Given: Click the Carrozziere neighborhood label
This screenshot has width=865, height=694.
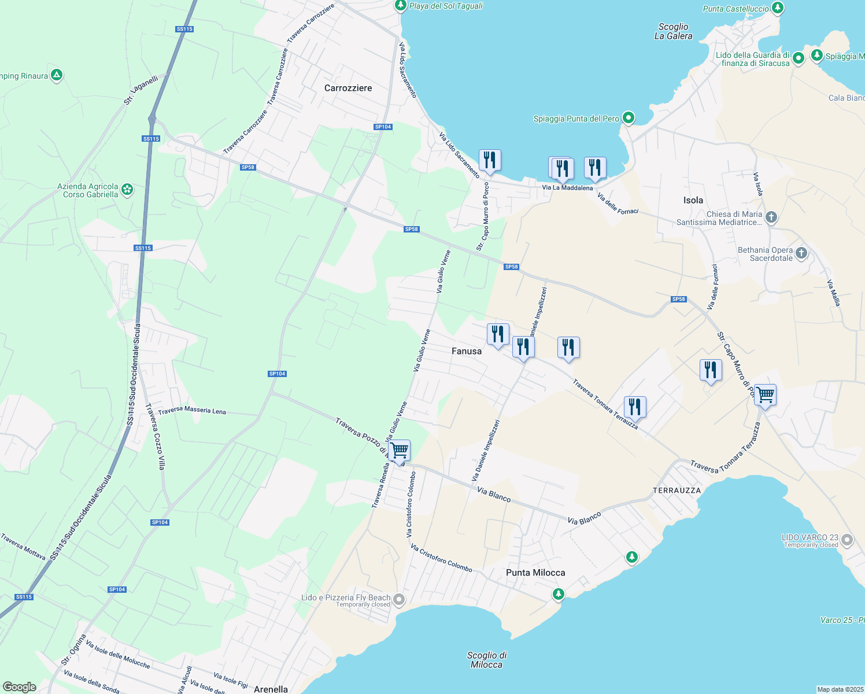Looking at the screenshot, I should pyautogui.click(x=348, y=88).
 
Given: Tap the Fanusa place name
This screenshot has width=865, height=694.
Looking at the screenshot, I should pyautogui.click(x=466, y=351).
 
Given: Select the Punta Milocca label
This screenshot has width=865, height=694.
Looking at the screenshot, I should pyautogui.click(x=535, y=573).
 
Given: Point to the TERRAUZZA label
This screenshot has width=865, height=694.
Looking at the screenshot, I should pyautogui.click(x=677, y=490).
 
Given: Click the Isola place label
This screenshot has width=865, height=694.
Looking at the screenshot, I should pyautogui.click(x=693, y=200).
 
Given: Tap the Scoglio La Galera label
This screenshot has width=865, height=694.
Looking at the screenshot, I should pyautogui.click(x=673, y=31).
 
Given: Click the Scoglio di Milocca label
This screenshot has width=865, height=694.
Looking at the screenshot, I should pyautogui.click(x=487, y=660).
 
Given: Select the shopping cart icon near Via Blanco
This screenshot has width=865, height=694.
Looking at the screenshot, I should pyautogui.click(x=400, y=450).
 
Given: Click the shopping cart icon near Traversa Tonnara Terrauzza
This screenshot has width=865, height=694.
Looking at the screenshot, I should pyautogui.click(x=765, y=395).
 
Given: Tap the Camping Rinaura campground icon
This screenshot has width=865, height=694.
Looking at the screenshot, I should pyautogui.click(x=56, y=75).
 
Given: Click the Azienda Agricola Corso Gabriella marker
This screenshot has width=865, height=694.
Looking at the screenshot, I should pyautogui.click(x=127, y=189).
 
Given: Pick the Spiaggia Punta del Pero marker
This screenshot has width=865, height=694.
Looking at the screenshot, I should pyautogui.click(x=629, y=118).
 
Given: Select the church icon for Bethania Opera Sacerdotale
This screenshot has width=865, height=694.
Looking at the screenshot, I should pyautogui.click(x=801, y=253).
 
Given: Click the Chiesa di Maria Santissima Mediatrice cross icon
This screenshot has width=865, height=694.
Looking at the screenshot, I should pyautogui.click(x=771, y=217).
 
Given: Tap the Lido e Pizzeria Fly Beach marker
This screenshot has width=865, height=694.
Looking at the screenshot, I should pyautogui.click(x=398, y=599).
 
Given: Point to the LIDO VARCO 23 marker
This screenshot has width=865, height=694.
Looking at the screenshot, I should pyautogui.click(x=847, y=540).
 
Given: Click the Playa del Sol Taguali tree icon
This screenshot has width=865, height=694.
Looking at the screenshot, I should pyautogui.click(x=400, y=6).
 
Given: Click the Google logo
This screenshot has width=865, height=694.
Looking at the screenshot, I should pyautogui.click(x=20, y=687).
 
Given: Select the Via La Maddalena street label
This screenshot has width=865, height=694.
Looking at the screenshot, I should pyautogui.click(x=567, y=188).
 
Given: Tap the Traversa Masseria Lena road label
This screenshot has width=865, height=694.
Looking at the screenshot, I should pyautogui.click(x=192, y=411).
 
